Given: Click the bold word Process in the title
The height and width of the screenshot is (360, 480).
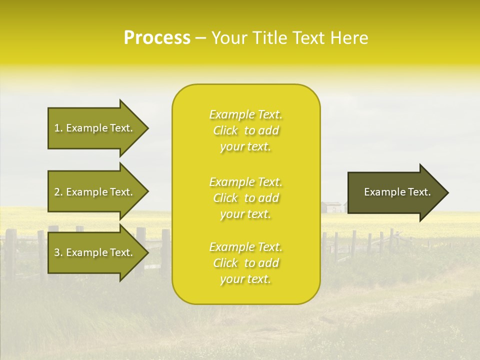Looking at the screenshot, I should pyautogui.click(x=157, y=37).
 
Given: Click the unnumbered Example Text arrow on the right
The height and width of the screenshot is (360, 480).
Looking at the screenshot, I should pyautogui.click(x=397, y=192).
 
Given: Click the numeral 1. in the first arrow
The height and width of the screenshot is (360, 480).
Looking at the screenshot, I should pyautogui.click(x=58, y=128).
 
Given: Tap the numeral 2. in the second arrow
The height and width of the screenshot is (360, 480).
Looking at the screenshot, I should pyautogui.click(x=58, y=192).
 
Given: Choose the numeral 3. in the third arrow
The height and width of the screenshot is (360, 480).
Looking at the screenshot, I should pyautogui.click(x=58, y=252).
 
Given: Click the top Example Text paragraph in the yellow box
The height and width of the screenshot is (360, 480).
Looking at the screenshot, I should pyautogui.click(x=245, y=130).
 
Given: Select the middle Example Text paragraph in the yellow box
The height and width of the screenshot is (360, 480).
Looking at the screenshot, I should pyautogui.click(x=245, y=197).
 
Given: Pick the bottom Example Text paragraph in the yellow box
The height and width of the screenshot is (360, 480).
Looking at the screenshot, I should pyautogui.click(x=245, y=263).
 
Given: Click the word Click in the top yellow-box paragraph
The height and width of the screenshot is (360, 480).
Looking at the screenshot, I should pyautogui.click(x=225, y=131).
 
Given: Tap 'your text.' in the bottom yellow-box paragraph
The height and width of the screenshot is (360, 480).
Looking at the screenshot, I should pyautogui.click(x=245, y=279).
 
